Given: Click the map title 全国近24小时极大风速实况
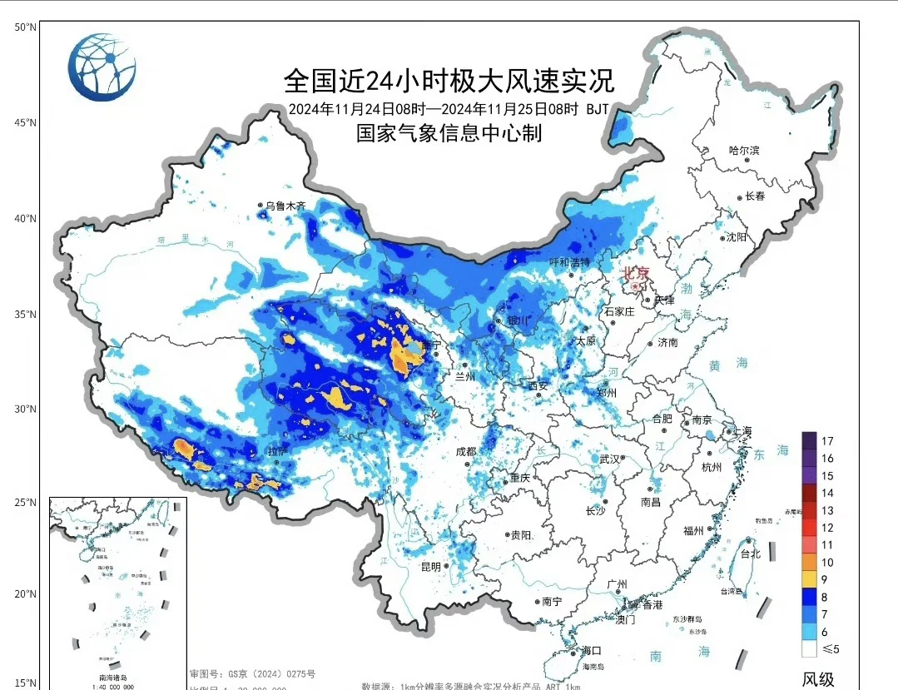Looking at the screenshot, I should pos(449,82).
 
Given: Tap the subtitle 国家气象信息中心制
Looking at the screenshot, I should pos(449,132).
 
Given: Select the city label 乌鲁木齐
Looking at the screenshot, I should pos(285,206).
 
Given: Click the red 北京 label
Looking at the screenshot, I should pos(637,272).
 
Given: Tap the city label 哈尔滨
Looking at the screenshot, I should pos(744,151).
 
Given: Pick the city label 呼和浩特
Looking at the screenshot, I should pos(570,262).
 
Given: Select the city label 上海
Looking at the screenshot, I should pos(742,430).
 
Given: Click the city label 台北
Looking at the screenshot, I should pos(749,553).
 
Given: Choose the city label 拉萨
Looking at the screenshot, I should pos(278,451).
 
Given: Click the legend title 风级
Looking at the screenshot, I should pos(817,678).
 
